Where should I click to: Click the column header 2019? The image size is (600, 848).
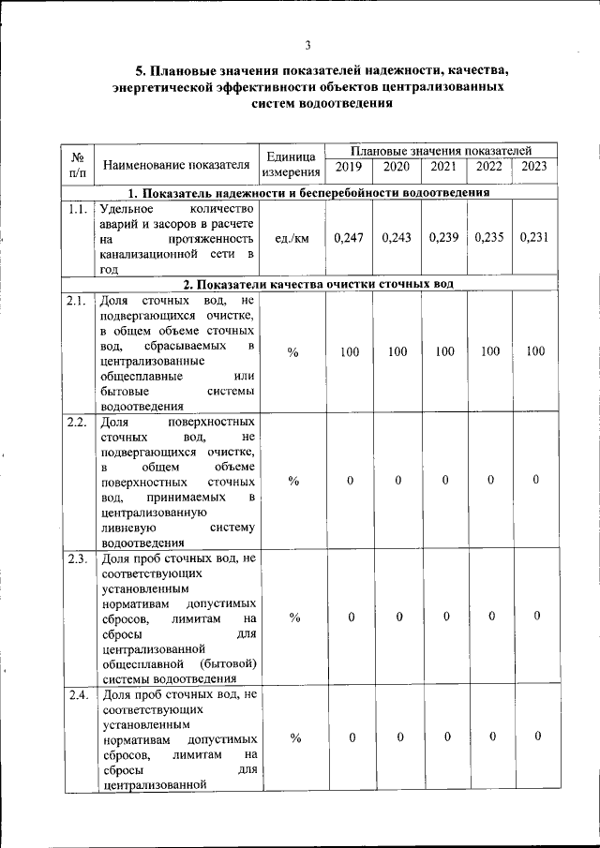click(x=349, y=167)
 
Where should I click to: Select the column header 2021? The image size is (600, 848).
click(x=443, y=167)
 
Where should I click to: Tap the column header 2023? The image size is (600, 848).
click(x=533, y=167)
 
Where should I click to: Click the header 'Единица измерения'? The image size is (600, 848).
click(x=292, y=163)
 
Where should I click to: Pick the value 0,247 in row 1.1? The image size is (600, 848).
click(x=349, y=238)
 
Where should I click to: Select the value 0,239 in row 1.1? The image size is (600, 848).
click(x=443, y=238)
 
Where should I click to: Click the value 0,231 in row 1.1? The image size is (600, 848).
click(x=533, y=238)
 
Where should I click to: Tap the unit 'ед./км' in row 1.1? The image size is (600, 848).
click(x=292, y=239)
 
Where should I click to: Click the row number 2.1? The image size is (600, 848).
click(x=77, y=301)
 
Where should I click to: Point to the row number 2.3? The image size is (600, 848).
click(x=77, y=559)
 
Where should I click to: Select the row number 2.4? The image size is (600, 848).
click(x=77, y=695)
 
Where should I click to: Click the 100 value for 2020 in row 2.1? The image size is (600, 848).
click(x=397, y=351)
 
